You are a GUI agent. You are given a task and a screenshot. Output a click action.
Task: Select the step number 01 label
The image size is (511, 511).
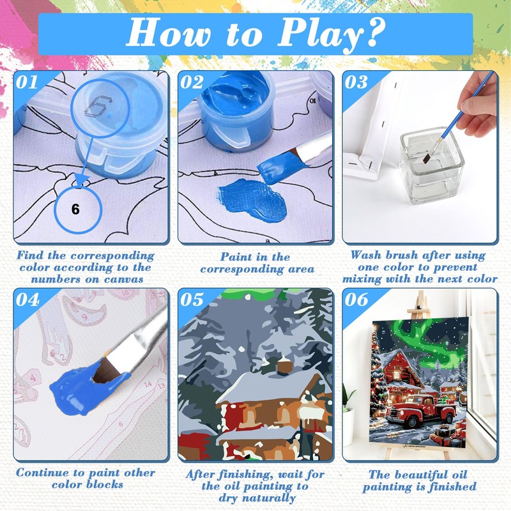(x=27, y=82)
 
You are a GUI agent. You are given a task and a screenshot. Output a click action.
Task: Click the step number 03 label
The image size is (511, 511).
(x=356, y=82)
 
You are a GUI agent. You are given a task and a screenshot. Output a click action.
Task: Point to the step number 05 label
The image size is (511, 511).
(x=192, y=299)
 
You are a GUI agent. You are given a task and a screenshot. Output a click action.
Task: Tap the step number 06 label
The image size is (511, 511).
(x=357, y=299)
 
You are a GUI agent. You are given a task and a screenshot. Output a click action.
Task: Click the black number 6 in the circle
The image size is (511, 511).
(x=75, y=210)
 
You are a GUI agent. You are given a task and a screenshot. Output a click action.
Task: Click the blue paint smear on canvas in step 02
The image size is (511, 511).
(x=252, y=198)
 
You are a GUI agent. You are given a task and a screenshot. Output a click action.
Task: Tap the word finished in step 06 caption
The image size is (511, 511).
(x=452, y=487)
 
